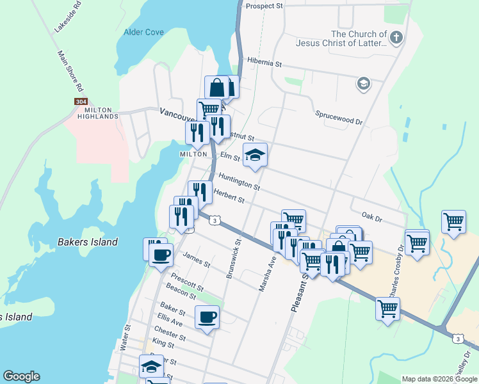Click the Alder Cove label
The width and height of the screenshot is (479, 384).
[x=143, y=32]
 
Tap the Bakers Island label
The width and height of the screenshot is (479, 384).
[x=88, y=242]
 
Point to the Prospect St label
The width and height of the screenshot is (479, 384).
[x=264, y=6]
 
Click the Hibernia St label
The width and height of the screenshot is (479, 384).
[x=264, y=64]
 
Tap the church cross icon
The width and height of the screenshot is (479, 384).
[x=396, y=37]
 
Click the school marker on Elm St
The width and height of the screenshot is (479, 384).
[x=255, y=155]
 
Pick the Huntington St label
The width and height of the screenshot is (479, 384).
[x=239, y=182]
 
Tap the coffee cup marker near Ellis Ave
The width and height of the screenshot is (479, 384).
[x=207, y=317]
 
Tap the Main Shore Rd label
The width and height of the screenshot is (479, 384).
[x=72, y=70]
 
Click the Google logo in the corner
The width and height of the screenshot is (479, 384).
[x=21, y=376]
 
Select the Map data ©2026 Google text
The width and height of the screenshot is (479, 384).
[x=439, y=379]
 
